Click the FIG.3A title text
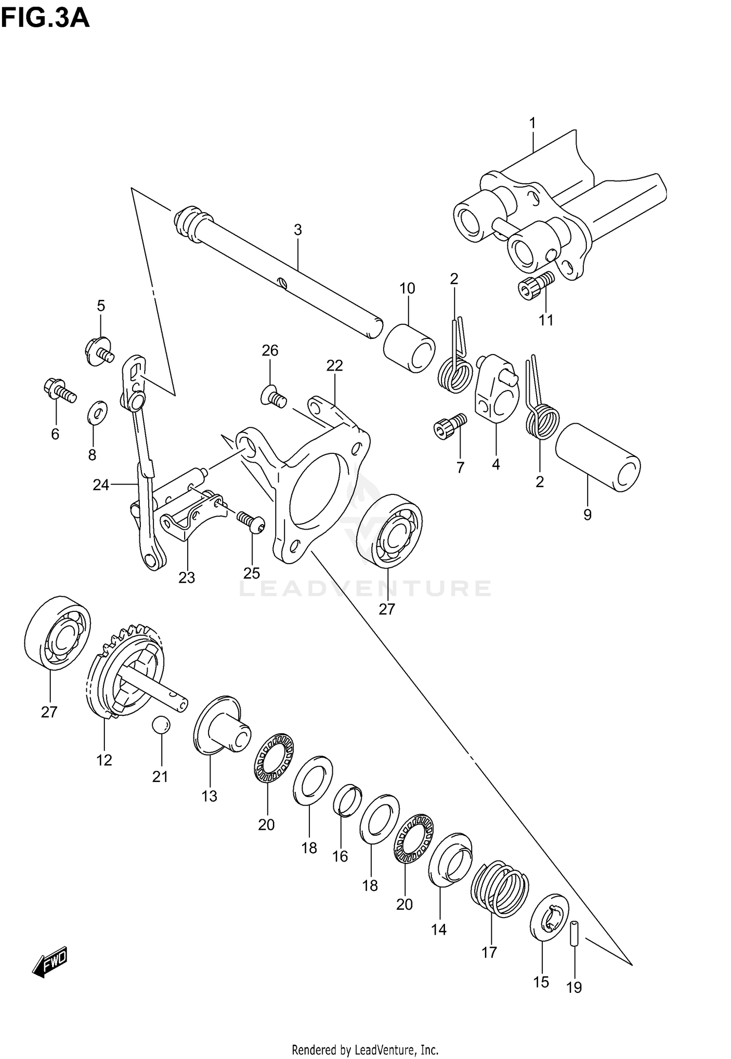pyautogui.click(x=45, y=18)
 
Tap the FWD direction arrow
pyautogui.click(x=50, y=962)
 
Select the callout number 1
pyautogui.click(x=533, y=123)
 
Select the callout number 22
pyautogui.click(x=335, y=365)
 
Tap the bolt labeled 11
pyautogui.click(x=535, y=285)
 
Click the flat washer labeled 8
pyautogui.click(x=97, y=414)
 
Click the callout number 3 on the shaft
pyautogui.click(x=298, y=230)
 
